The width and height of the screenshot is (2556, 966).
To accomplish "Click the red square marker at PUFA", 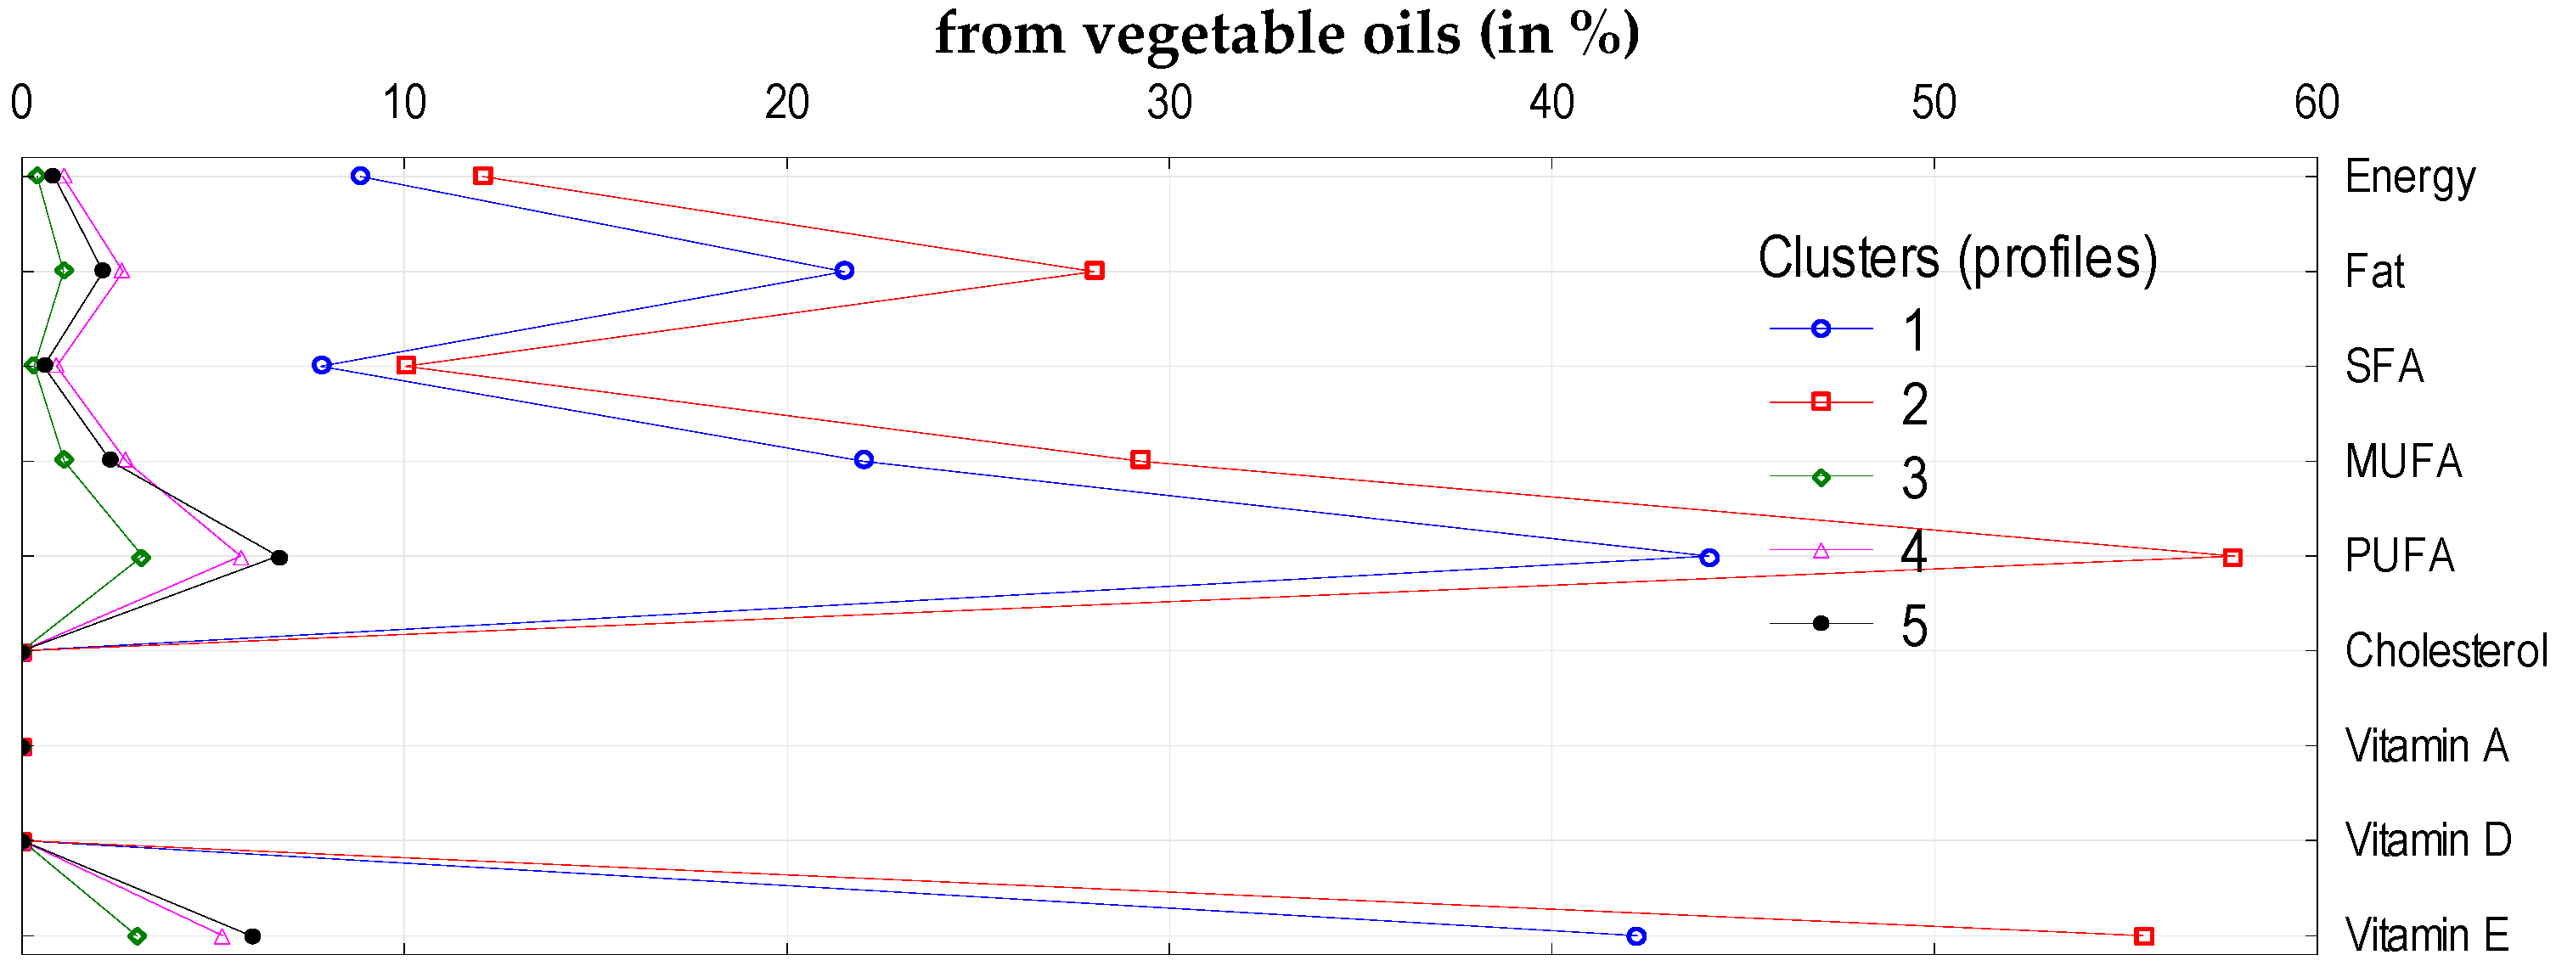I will (2232, 558).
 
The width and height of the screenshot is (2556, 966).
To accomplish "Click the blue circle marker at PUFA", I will (1709, 558).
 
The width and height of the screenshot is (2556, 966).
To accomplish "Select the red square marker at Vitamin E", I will (2144, 936).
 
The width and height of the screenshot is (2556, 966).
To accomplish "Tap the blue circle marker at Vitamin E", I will (1636, 936).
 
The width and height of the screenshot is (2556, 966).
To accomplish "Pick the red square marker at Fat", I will (1095, 271).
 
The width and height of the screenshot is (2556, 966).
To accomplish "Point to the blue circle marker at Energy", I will (360, 176).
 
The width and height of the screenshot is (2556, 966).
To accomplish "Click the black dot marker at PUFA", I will (280, 558).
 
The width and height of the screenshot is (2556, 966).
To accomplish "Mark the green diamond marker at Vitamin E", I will (138, 936).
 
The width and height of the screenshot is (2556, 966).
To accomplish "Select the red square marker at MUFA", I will (1141, 459).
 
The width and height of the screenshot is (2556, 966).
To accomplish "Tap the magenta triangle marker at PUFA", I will (240, 558).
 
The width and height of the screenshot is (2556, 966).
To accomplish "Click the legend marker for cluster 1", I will (1821, 329).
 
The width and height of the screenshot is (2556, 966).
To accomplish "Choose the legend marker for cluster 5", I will (1821, 623).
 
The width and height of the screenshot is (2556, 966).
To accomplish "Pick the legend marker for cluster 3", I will (1821, 477).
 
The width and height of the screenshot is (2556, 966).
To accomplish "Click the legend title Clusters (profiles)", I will (1956, 258).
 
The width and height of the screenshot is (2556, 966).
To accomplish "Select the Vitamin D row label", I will (2427, 841).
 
